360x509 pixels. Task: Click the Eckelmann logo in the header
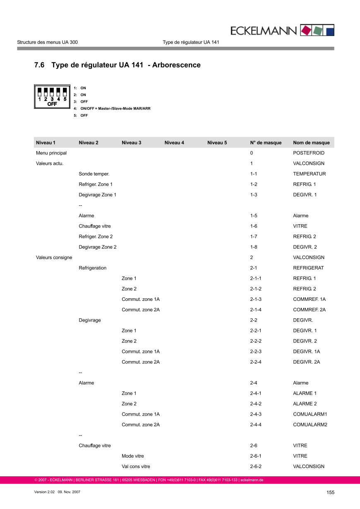point(282,30)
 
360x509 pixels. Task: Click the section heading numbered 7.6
point(117,65)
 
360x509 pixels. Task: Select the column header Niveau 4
point(174,143)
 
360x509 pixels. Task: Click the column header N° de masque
point(266,143)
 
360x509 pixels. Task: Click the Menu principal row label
point(51,153)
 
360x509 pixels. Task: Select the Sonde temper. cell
point(94,174)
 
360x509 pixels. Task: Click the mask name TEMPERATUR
point(309,174)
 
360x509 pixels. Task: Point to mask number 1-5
point(254,216)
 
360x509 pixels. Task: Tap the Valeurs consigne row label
point(54,257)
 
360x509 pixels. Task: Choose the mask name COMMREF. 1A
point(309,299)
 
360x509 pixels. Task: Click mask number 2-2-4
point(256,362)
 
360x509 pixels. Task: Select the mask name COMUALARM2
point(310,425)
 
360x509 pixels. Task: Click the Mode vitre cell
point(133,456)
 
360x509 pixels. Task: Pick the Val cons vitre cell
point(136,466)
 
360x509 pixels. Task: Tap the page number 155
point(330,492)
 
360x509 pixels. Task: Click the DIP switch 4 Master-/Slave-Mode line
point(115,108)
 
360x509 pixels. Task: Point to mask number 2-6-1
point(256,456)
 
